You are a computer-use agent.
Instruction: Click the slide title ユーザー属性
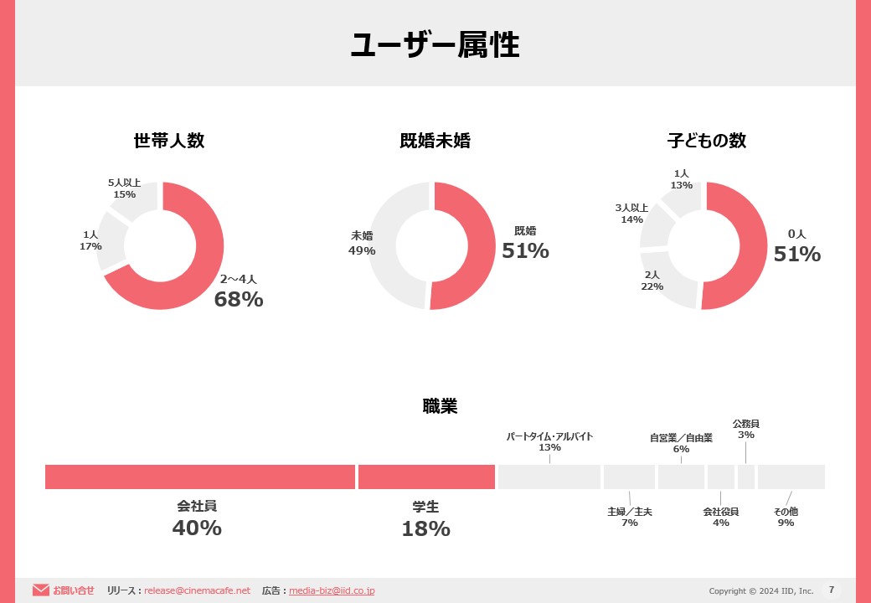[435, 45]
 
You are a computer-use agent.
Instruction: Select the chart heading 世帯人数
[168, 141]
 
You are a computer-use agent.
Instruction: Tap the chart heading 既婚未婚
[435, 141]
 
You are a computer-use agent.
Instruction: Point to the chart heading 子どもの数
[706, 141]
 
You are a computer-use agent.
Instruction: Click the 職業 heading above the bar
[440, 406]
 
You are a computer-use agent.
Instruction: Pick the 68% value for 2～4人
[239, 299]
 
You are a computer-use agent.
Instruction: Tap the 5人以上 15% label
[124, 188]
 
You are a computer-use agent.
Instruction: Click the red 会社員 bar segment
[200, 477]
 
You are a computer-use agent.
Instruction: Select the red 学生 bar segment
[426, 477]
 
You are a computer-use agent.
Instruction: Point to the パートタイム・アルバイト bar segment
[549, 477]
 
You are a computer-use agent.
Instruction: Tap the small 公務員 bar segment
[746, 477]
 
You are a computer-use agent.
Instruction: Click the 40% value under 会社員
[197, 528]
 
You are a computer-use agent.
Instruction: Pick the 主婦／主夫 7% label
[630, 517]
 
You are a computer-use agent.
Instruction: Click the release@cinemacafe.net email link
[197, 590]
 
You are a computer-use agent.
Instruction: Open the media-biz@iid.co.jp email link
[332, 590]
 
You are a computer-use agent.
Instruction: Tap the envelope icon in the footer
[41, 590]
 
